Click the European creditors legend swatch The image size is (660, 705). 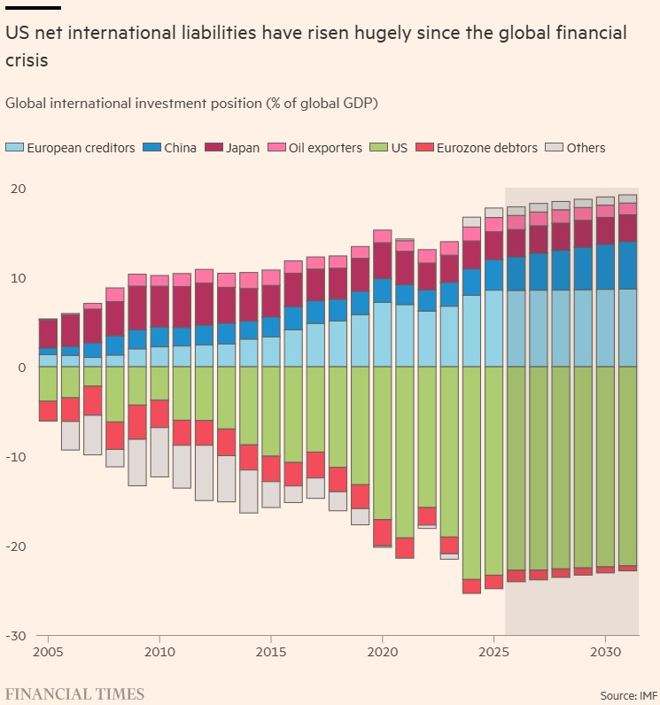[14, 148]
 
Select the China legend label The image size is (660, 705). [180, 148]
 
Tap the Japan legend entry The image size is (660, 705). [232, 148]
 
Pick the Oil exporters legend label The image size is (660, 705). [325, 148]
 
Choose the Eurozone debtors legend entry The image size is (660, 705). [477, 148]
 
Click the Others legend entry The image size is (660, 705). [575, 148]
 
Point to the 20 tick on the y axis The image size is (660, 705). [19, 189]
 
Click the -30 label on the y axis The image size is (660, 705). [16, 636]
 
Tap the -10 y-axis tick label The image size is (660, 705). [16, 457]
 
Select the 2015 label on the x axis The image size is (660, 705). [271, 652]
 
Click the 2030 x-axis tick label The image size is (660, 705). [606, 652]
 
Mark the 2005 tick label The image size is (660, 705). [48, 652]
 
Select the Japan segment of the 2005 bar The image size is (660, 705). [48, 334]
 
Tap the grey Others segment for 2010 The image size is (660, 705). [159, 452]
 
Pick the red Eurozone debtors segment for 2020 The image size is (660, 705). [382, 533]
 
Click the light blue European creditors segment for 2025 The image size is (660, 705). [493, 329]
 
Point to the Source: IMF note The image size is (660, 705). [628, 695]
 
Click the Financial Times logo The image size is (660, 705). [74, 693]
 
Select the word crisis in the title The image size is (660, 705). [27, 60]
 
